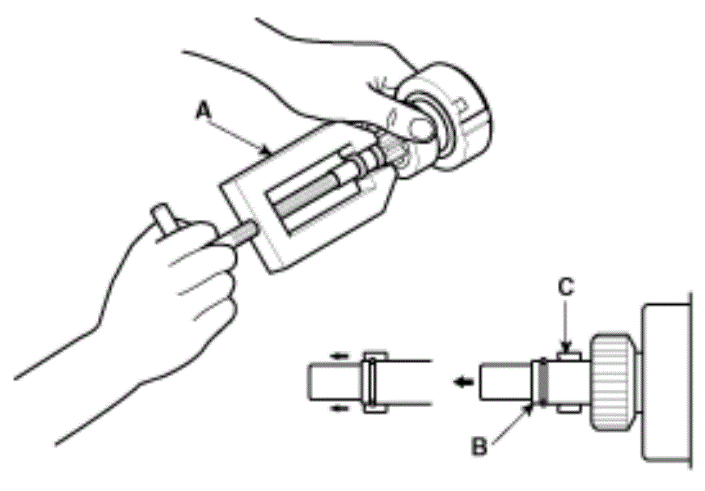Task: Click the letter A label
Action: [x=204, y=110]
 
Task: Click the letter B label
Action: [x=479, y=446]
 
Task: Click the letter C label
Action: [x=566, y=286]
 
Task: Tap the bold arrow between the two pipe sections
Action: [x=463, y=382]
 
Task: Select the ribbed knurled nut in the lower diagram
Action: [x=611, y=382]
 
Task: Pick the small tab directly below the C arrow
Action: [x=569, y=356]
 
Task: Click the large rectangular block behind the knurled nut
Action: [x=665, y=383]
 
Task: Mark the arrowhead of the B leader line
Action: [x=531, y=409]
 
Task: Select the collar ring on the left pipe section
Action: [x=372, y=382]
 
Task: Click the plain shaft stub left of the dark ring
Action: [x=505, y=382]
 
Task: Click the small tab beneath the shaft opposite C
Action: [x=569, y=408]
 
